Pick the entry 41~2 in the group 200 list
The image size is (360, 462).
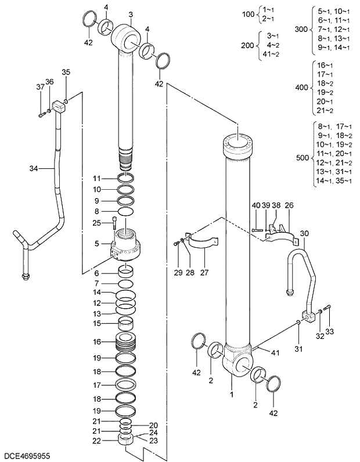coord(271,54)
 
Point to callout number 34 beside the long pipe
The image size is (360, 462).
coord(33,169)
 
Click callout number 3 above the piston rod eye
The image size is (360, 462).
coord(131,15)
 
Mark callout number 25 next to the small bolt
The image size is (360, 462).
coord(97,223)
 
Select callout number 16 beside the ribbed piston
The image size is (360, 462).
coord(97,342)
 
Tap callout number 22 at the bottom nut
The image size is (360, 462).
coord(97,441)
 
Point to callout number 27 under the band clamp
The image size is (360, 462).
coord(203,272)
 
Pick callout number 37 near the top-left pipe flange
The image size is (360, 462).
coord(40,87)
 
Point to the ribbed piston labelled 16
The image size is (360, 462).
coord(127,342)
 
